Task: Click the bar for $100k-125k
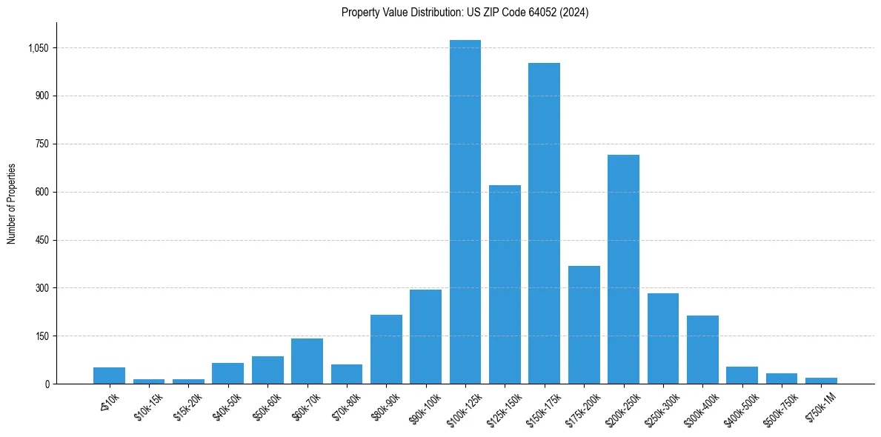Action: click(465, 212)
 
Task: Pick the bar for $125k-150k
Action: click(505, 284)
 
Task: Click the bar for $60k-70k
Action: click(307, 361)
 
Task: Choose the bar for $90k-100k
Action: click(425, 336)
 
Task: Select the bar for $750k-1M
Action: click(821, 381)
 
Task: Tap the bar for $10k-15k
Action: click(149, 381)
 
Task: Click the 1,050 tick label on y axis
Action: click(39, 48)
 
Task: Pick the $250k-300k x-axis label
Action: click(662, 407)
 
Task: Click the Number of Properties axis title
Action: click(11, 204)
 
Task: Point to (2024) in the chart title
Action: click(574, 13)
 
